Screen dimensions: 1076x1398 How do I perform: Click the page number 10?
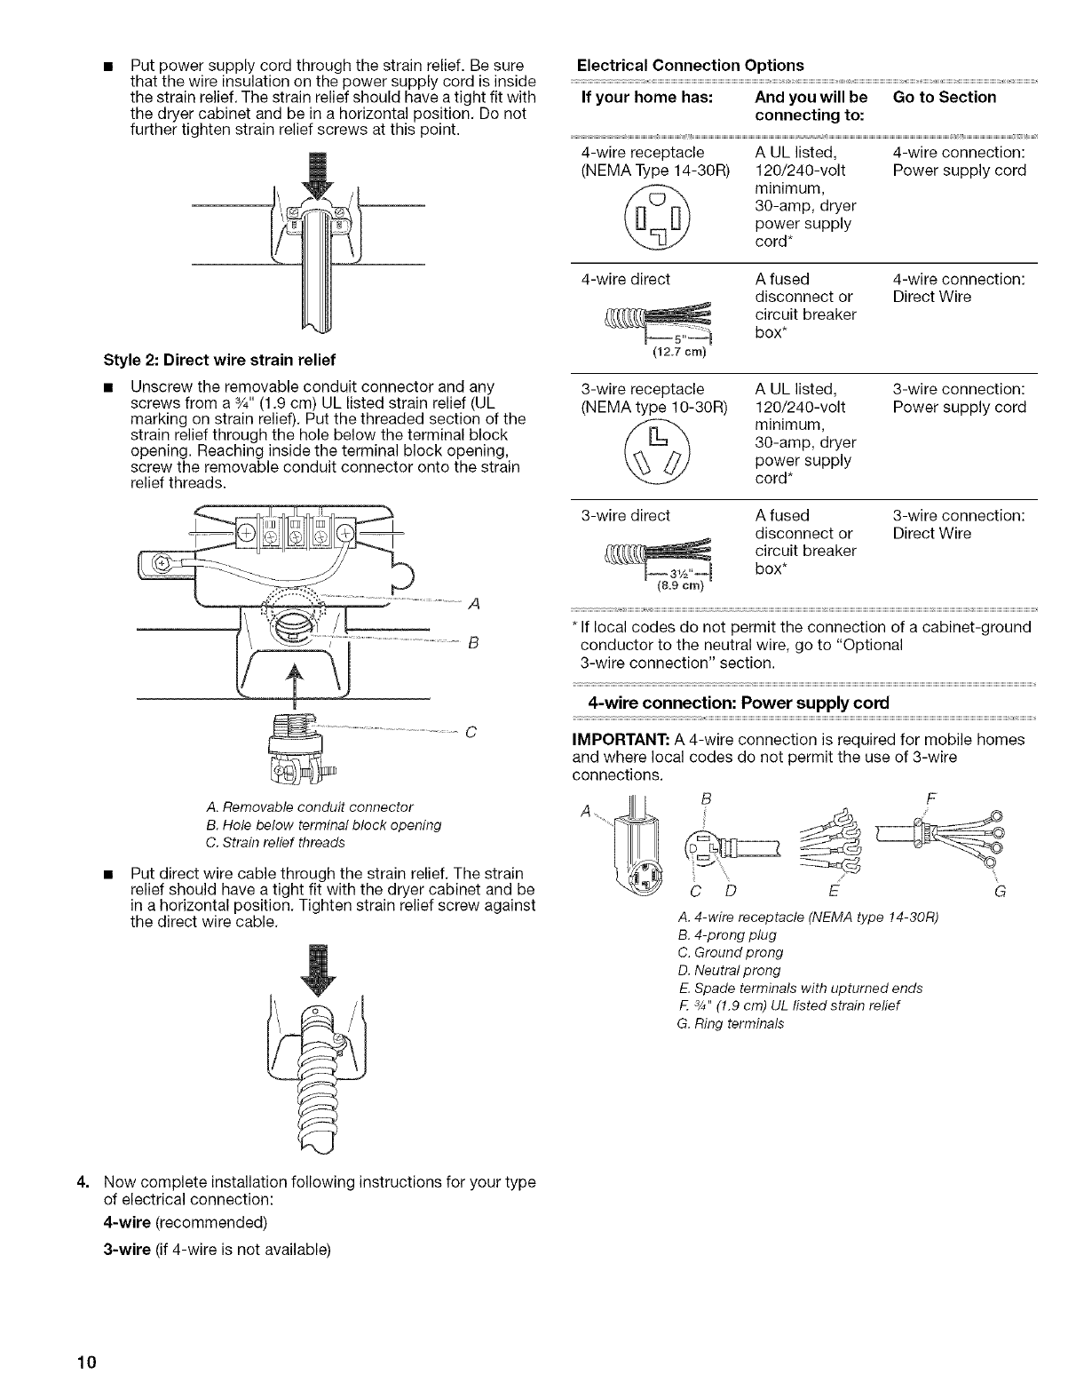[87, 1362]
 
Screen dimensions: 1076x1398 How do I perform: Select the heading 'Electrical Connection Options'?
[690, 65]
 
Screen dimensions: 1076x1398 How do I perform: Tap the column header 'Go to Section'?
[945, 97]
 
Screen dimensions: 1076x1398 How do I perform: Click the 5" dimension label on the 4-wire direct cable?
[679, 339]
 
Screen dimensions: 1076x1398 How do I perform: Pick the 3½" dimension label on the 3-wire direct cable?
[679, 574]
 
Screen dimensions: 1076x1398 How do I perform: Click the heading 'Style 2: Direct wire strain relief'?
[219, 360]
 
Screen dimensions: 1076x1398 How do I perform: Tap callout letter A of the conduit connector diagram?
[474, 603]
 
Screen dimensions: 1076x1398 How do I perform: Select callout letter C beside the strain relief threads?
[471, 732]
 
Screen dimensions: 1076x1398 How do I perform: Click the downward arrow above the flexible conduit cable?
[318, 970]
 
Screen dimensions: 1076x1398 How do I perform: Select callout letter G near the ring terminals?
[1001, 892]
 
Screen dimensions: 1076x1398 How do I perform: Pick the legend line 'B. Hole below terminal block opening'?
[323, 825]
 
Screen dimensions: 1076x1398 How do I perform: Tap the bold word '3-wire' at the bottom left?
[127, 1250]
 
